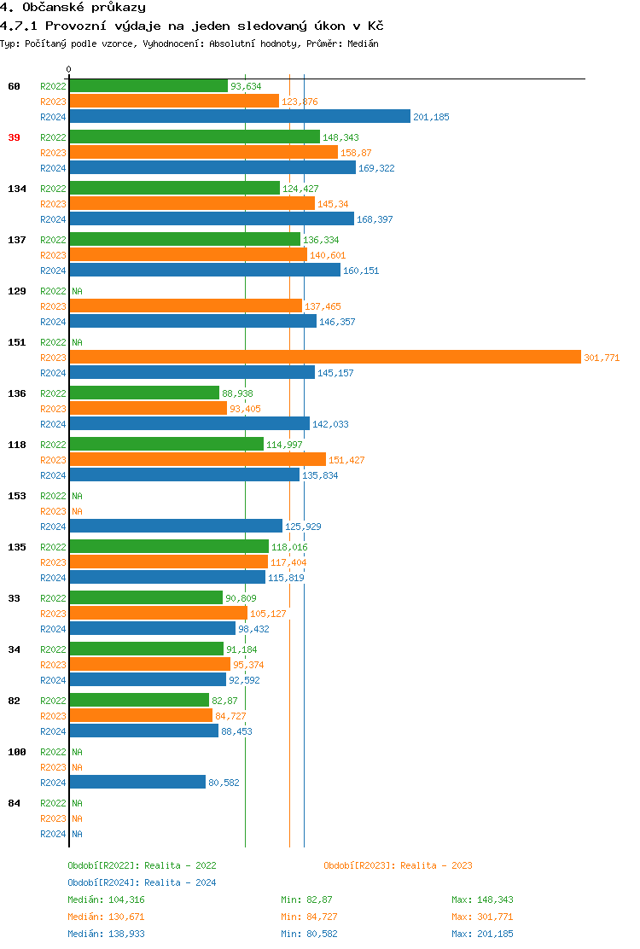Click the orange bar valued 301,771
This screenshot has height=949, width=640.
pos(324,357)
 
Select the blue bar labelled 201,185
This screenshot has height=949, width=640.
pos(240,116)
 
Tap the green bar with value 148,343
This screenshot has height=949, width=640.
pos(195,137)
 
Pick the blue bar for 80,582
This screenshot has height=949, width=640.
pos(137,782)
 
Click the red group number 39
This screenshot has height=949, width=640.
pos(15,137)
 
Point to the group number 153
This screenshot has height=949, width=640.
pos(17,496)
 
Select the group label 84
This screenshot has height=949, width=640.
pos(15,803)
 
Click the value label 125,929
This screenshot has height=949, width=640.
pos(303,527)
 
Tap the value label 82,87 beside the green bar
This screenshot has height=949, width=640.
pos(224,701)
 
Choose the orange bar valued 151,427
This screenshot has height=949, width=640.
pos(197,459)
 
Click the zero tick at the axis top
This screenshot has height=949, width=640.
pos(69,69)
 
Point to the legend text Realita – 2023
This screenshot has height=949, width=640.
pos(436,865)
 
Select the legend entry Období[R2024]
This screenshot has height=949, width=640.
pos(104,882)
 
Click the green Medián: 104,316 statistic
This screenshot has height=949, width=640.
pos(111,900)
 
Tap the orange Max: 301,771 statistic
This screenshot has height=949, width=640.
pos(482,917)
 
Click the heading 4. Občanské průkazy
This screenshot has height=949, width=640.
pos(73,8)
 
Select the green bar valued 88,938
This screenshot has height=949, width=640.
pos(144,393)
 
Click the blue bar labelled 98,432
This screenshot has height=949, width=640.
pos(152,628)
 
